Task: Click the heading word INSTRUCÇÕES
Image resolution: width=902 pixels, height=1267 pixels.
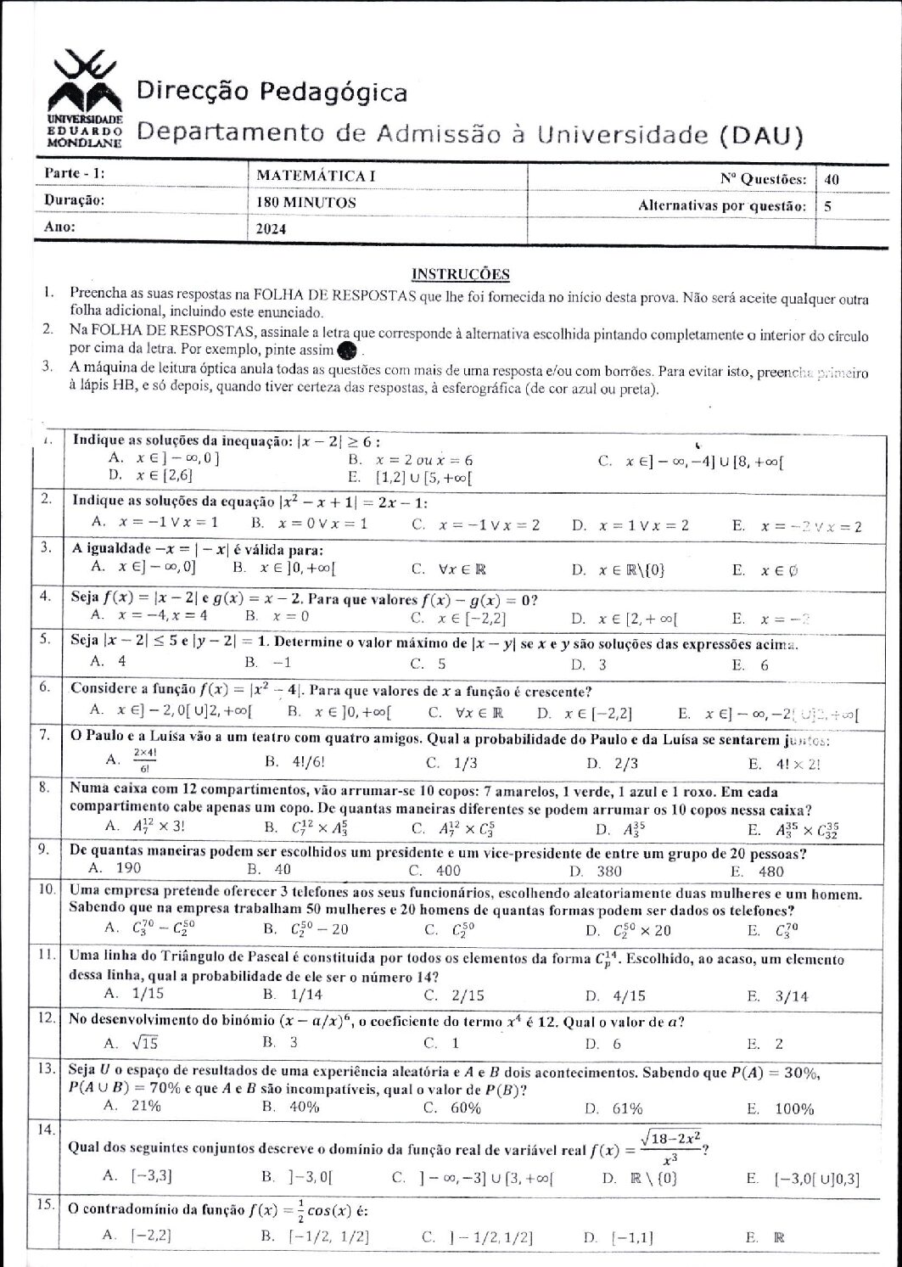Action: click(x=460, y=273)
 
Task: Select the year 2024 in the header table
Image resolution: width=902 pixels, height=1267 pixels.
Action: click(x=272, y=228)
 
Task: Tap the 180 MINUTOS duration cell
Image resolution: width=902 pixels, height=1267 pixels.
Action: click(x=306, y=203)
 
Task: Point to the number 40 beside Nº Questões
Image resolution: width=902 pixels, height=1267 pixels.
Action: click(x=832, y=179)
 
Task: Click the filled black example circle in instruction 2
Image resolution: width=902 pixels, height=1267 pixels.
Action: click(x=346, y=350)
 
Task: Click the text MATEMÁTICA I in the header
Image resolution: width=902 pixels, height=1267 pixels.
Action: click(x=316, y=177)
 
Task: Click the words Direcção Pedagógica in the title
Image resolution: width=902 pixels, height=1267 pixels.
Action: click(x=272, y=92)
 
